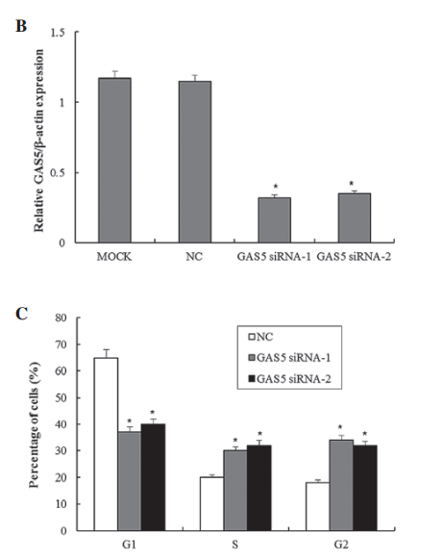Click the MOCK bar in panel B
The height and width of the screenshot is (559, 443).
114,161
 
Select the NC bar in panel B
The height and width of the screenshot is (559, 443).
195,162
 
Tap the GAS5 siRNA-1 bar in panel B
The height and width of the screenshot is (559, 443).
275,220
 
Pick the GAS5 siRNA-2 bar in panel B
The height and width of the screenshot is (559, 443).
355,218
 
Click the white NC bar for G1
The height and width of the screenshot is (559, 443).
106,445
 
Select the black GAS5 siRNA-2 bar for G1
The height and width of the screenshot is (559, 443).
153,477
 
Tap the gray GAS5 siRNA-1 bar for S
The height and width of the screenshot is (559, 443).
235,491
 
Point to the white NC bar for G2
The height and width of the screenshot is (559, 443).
318,507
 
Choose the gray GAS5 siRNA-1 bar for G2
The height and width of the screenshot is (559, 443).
341,486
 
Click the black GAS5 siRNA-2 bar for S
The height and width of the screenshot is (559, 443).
258,488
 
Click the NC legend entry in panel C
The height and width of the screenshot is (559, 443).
260,337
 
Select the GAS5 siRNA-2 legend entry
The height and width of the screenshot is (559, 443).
289,379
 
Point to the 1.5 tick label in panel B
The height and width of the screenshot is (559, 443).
58,33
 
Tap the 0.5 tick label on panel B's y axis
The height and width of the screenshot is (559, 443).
58,173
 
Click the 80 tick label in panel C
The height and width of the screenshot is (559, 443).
61,318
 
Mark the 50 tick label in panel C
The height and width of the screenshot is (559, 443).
61,397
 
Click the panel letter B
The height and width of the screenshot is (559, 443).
21,26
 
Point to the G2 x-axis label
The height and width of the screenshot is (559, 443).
341,545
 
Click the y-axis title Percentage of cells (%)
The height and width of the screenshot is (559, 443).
35,424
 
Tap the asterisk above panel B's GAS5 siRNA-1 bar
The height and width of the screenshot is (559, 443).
276,186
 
